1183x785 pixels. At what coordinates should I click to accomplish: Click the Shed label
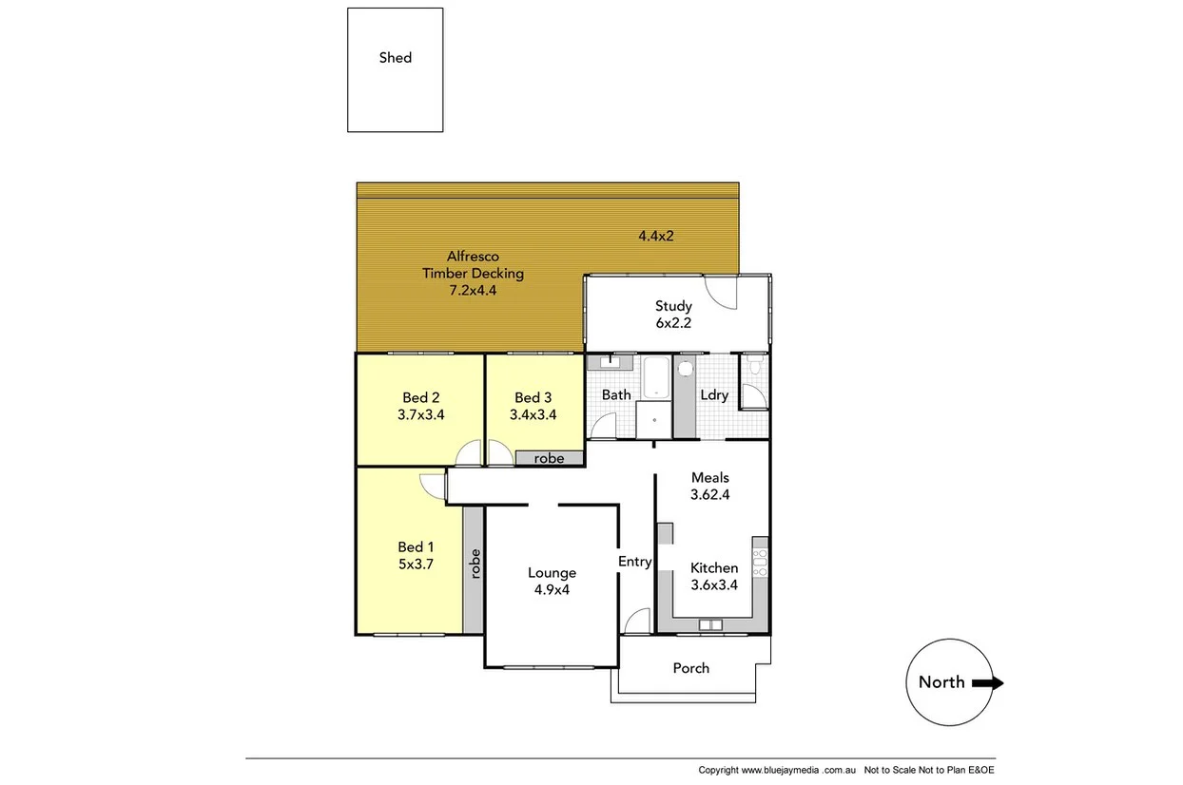coord(396,58)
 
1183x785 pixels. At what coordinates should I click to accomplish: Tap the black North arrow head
coord(994,682)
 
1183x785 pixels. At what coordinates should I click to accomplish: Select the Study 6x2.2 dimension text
coord(673,323)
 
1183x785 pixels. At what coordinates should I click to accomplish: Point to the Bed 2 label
coord(421,397)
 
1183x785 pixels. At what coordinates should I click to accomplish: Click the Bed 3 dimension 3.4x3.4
coord(533,414)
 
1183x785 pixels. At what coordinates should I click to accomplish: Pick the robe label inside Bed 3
coord(549,458)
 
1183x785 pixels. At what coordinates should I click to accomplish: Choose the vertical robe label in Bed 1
coord(475,565)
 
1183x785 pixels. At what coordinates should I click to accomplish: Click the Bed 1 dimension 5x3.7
coord(416,565)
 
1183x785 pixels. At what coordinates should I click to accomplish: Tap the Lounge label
coord(553,572)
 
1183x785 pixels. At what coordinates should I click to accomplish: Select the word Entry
coord(635,562)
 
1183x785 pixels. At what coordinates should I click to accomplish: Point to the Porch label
coord(691,668)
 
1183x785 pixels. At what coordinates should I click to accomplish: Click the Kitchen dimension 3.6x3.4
coord(714,585)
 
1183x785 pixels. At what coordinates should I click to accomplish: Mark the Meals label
coord(710,477)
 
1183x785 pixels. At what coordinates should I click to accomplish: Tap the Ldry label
coord(714,395)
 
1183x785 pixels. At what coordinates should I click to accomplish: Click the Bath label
coord(616,394)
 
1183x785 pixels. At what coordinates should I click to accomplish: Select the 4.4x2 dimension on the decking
coord(656,235)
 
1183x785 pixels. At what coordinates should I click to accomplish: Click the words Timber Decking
coord(473,274)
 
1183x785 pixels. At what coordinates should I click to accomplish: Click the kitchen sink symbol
coord(709,624)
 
